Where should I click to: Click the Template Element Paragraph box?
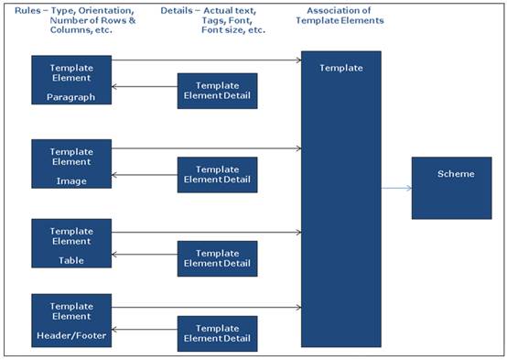(70, 81)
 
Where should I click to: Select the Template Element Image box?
(70, 163)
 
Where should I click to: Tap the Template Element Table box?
(70, 243)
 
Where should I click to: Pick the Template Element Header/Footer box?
(70, 320)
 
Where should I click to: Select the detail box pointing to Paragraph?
(217, 91)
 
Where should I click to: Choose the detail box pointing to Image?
(217, 174)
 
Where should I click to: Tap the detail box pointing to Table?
(217, 258)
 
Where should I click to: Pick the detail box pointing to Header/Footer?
(217, 333)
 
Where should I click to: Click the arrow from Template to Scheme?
(395, 189)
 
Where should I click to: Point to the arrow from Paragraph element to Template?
(206, 61)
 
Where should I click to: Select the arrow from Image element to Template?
(206, 147)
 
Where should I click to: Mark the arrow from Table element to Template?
(206, 232)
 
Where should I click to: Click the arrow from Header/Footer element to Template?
(206, 307)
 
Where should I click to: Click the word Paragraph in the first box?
(70, 97)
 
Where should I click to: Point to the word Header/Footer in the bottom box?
(70, 335)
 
